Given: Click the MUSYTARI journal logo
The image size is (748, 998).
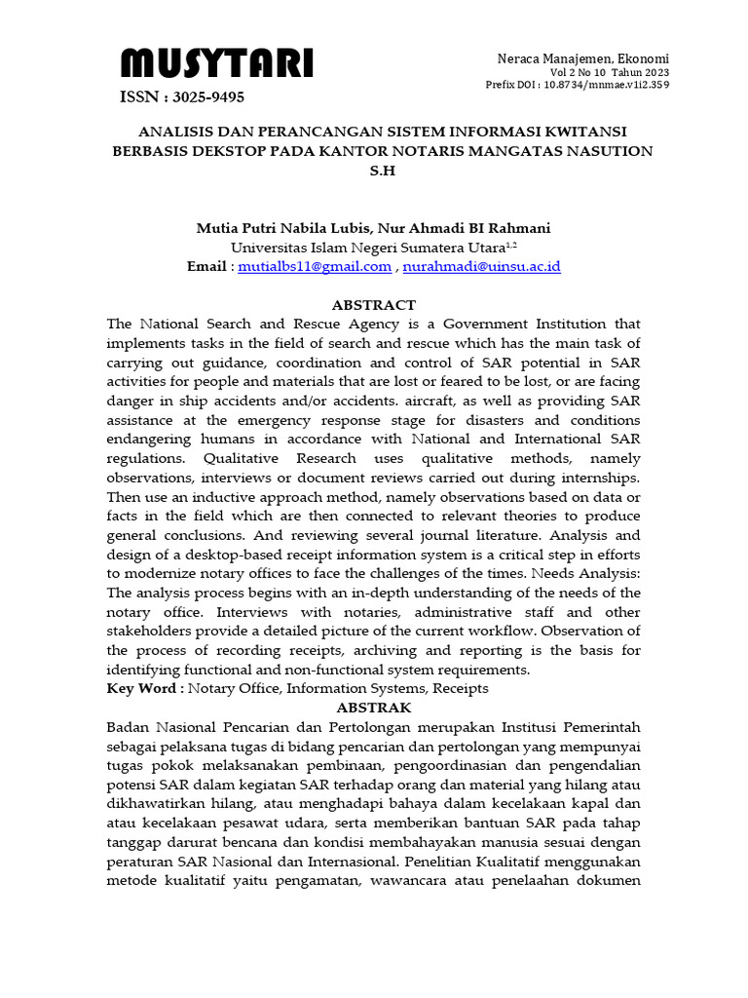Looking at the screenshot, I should tap(216, 64).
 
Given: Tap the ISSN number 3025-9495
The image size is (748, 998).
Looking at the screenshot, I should tap(182, 96).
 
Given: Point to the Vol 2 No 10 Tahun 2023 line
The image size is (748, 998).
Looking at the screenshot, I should tap(610, 72).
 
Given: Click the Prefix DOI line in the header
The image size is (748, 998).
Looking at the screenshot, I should tap(578, 85).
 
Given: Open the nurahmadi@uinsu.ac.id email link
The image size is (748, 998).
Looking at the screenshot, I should tap(481, 266).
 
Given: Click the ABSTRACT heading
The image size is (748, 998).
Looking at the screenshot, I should tap(373, 304).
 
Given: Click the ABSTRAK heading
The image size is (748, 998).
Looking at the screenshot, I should tap(373, 708).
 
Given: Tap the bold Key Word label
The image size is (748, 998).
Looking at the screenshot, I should tap(144, 688).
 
